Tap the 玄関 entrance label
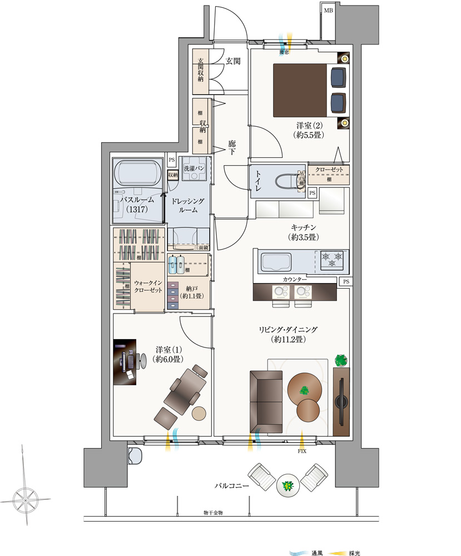pos(233,61)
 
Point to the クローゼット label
pos(329,170)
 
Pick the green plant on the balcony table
pos(288,487)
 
